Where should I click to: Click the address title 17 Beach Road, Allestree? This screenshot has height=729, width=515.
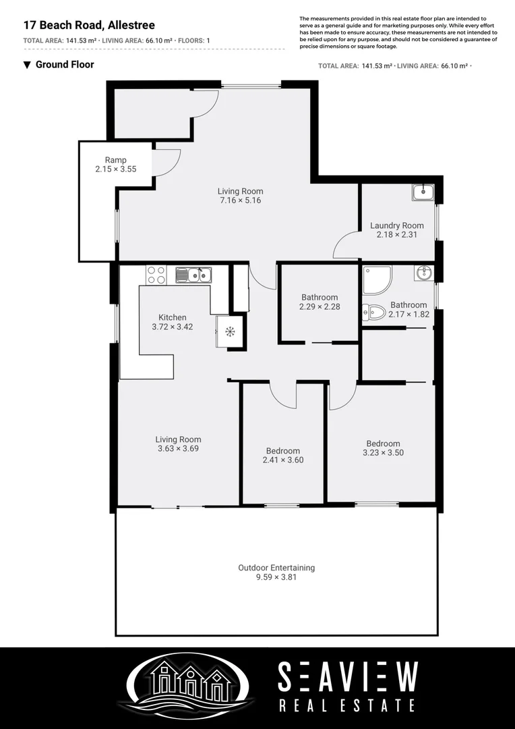point(89,25)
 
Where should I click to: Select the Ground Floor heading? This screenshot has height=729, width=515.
point(64,65)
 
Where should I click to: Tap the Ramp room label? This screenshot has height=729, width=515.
point(115,160)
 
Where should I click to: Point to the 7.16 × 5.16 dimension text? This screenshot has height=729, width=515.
point(240,200)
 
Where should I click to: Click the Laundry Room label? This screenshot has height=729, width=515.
point(397,225)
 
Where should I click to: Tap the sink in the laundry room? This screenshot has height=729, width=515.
point(423,193)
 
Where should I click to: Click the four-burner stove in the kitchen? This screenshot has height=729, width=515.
point(156,275)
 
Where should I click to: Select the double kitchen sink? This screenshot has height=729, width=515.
point(193,275)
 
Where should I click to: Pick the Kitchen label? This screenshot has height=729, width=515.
point(173,317)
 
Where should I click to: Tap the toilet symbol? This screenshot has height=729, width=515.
point(373,312)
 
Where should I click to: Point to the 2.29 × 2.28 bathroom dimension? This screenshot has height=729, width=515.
point(320,306)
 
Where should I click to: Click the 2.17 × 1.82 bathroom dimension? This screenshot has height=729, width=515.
point(408,314)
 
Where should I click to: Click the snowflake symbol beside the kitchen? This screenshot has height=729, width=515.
point(229,331)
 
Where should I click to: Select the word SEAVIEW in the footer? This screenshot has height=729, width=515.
point(348,677)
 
